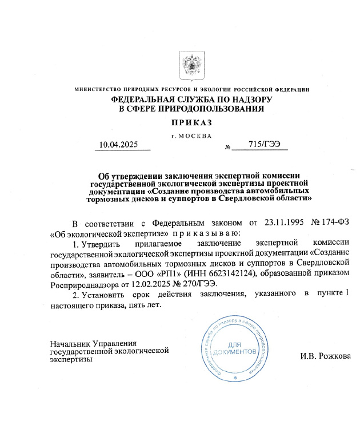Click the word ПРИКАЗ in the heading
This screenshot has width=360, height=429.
(191, 122)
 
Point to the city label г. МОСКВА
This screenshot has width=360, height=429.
(191, 135)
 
